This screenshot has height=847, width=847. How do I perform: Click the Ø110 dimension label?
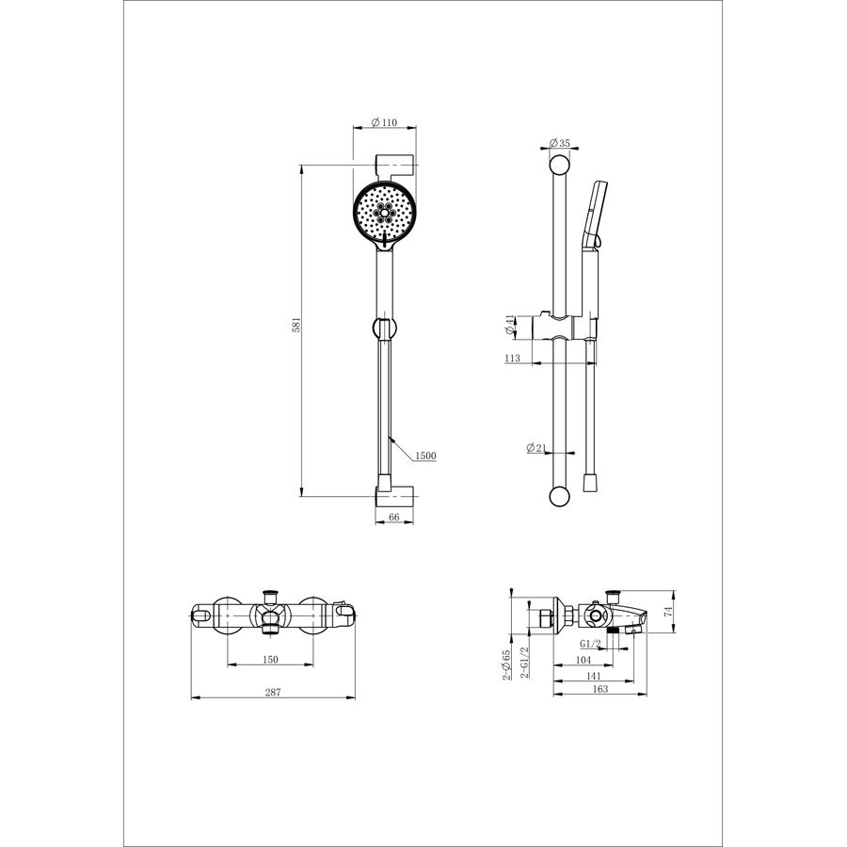(384, 122)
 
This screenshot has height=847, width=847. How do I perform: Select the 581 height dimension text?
(296, 326)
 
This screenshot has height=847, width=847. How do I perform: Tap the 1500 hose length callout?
(425, 455)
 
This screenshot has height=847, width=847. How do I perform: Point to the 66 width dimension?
(394, 517)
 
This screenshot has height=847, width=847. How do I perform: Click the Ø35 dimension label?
(560, 143)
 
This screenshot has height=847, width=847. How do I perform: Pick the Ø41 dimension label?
(510, 326)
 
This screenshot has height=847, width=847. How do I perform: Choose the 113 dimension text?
(512, 358)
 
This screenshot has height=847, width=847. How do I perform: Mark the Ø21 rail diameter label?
(536, 447)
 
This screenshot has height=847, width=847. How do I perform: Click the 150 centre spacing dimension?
(270, 659)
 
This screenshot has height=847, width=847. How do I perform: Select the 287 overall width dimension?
(273, 692)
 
